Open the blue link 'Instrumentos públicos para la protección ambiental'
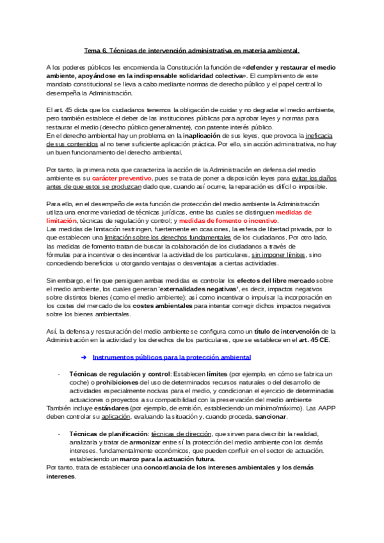point(172,357)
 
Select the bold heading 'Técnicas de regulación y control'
point(109,374)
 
